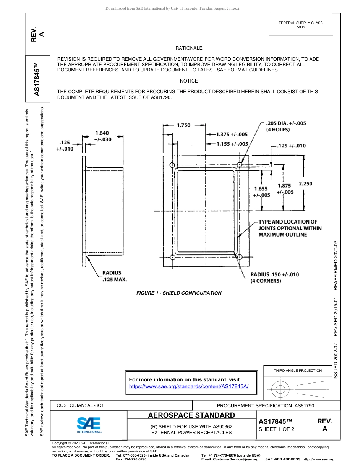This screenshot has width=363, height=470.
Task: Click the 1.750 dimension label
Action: click(183, 125)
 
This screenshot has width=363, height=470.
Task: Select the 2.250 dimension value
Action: click(305, 183)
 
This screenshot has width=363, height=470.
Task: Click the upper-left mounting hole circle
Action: click(172, 165)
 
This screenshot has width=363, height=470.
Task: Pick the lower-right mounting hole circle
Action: click(239, 257)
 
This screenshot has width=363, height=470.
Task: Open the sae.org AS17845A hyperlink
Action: click(189, 386)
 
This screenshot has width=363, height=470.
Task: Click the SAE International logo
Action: click(89, 425)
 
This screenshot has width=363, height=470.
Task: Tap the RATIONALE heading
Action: click(189, 48)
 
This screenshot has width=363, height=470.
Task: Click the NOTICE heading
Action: click(189, 81)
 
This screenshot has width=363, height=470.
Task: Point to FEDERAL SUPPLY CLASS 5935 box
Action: click(300, 25)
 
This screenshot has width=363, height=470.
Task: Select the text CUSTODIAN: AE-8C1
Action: click(80, 405)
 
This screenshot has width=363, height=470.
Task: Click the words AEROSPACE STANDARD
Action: click(191, 415)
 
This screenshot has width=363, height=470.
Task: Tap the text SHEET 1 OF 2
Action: click(276, 429)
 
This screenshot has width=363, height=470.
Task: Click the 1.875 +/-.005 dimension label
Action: click(285, 189)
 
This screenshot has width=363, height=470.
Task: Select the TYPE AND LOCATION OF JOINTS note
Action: click(290, 228)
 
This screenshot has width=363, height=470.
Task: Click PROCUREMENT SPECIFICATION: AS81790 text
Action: click(265, 405)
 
